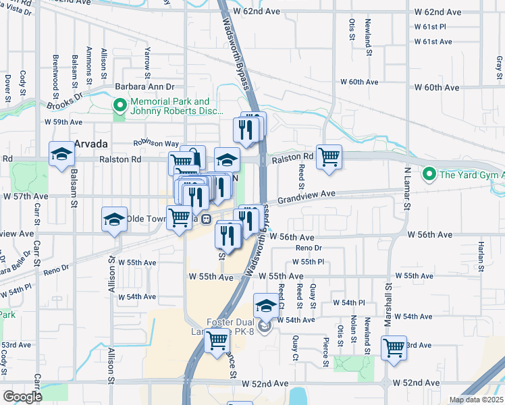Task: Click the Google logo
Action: pyautogui.click(x=23, y=396)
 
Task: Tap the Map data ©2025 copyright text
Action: pyautogui.click(x=475, y=400)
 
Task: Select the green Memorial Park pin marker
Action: pyautogui.click(x=120, y=105)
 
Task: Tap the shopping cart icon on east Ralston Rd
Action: pyautogui.click(x=329, y=157)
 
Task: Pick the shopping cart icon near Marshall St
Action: pyautogui.click(x=394, y=348)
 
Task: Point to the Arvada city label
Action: pyautogui.click(x=91, y=144)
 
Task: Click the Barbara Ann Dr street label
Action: pyautogui.click(x=144, y=87)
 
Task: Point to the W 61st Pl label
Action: pyautogui.click(x=433, y=27)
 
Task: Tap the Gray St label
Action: pyautogui.click(x=499, y=65)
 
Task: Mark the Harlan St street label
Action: pyautogui.click(x=481, y=254)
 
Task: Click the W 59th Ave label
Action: pyautogui.click(x=63, y=122)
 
